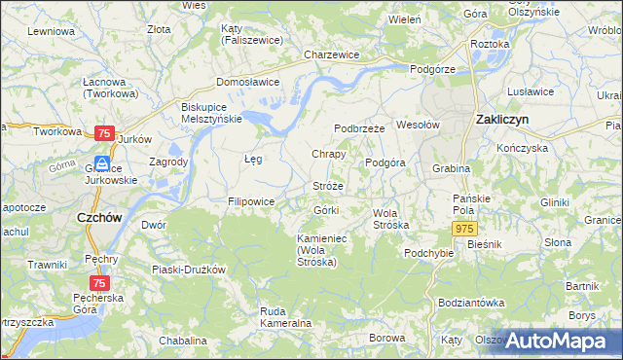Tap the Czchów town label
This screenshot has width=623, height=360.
99,219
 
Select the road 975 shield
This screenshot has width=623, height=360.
463,227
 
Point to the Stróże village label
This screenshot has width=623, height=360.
328,185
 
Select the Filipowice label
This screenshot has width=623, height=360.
251,201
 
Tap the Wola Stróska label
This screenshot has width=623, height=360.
391,219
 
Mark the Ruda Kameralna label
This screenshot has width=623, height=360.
285,316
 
